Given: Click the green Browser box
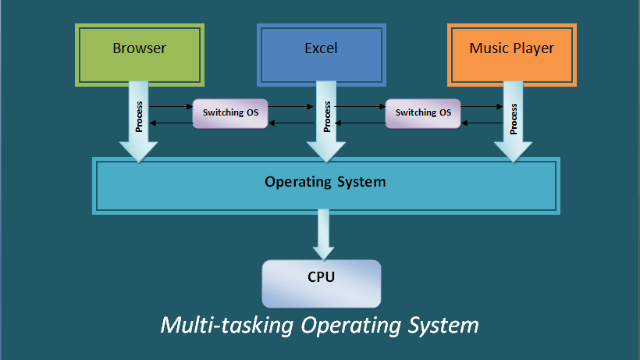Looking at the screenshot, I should (140, 55).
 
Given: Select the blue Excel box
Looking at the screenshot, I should (321, 55).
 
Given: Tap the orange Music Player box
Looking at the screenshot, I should (512, 55).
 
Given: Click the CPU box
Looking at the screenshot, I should (322, 283).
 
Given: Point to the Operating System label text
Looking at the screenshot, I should (325, 182).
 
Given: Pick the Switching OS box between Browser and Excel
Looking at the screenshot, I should (230, 112).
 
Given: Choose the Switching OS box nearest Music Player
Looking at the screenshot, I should (423, 112).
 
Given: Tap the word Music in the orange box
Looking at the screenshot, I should (489, 48).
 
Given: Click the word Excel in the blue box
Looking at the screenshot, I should (321, 48).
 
